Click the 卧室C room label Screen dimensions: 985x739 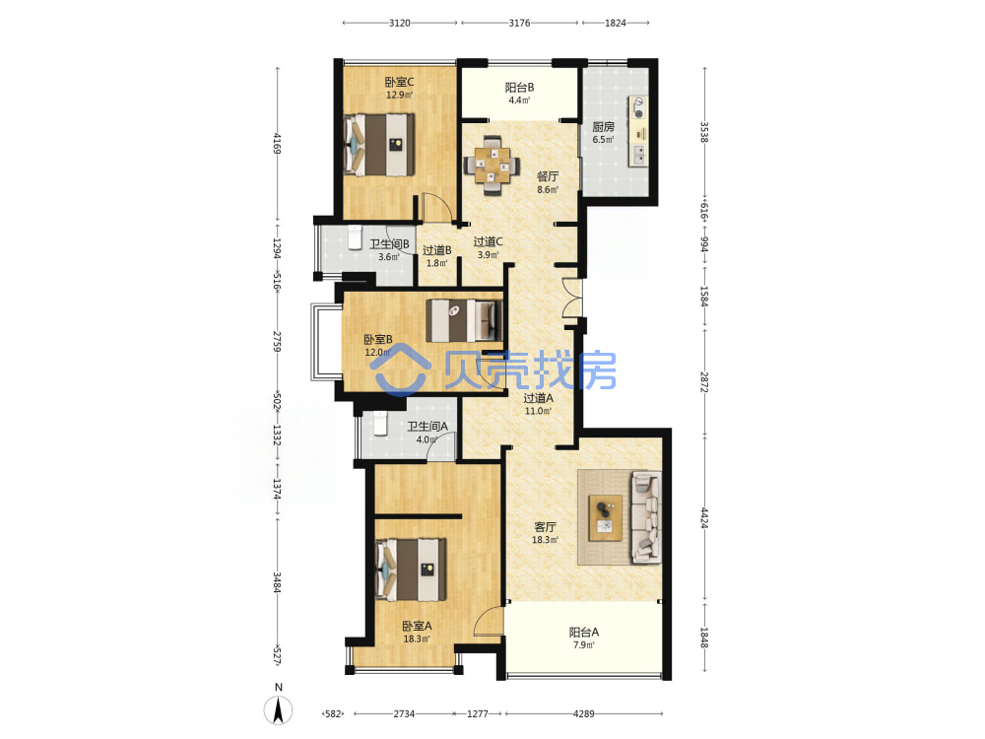(x=400, y=82)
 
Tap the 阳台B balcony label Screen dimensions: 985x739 (x=519, y=88)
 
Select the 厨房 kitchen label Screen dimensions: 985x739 (x=603, y=127)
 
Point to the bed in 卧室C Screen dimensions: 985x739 (x=379, y=145)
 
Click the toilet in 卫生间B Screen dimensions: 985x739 (x=355, y=237)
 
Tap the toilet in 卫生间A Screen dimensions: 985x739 (x=380, y=424)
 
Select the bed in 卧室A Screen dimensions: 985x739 (x=411, y=570)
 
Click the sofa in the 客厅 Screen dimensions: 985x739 (x=646, y=516)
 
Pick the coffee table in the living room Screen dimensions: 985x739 (x=606, y=517)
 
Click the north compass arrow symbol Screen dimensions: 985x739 (x=279, y=710)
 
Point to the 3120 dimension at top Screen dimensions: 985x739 (x=400, y=23)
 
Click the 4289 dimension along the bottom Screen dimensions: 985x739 (x=583, y=713)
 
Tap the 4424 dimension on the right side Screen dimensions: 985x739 (x=704, y=518)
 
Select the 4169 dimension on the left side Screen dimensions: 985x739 (x=277, y=143)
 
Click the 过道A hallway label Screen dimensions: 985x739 (x=539, y=398)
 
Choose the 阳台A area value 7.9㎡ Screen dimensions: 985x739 (x=583, y=645)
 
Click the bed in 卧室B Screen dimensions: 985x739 (x=465, y=320)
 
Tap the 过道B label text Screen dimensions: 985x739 (x=436, y=250)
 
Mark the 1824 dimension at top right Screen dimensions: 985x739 (x=616, y=23)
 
